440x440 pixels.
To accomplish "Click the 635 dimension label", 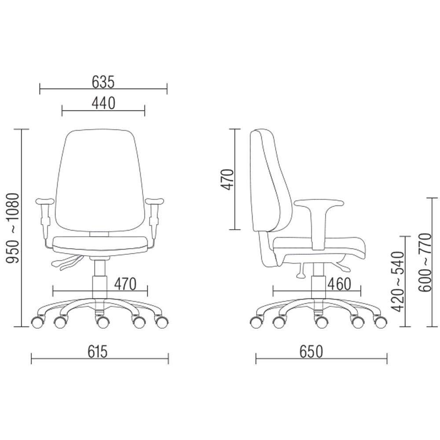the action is [103, 82].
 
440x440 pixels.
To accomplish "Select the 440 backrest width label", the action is [103, 103].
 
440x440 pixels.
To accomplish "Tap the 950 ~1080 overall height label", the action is [13, 228].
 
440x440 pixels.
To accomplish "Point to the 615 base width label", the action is [97, 352].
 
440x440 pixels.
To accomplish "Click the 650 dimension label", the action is [311, 352].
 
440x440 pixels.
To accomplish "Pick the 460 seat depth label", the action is [339, 284].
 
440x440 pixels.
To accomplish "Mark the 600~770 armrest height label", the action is [424, 262].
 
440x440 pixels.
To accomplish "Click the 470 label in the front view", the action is [125, 284].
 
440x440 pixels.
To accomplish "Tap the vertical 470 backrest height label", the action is [227, 180].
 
